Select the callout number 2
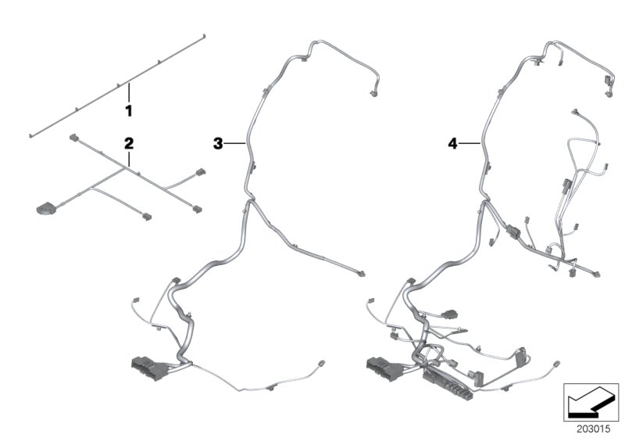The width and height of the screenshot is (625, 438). (129, 143)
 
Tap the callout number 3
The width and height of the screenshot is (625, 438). (219, 143)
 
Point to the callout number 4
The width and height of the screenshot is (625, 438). (452, 143)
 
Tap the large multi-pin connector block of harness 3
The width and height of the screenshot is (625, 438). (146, 365)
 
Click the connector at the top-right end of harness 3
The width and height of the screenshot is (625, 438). (373, 95)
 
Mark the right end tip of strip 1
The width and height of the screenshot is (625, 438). (204, 35)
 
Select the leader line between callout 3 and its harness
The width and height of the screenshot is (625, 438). (236, 143)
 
